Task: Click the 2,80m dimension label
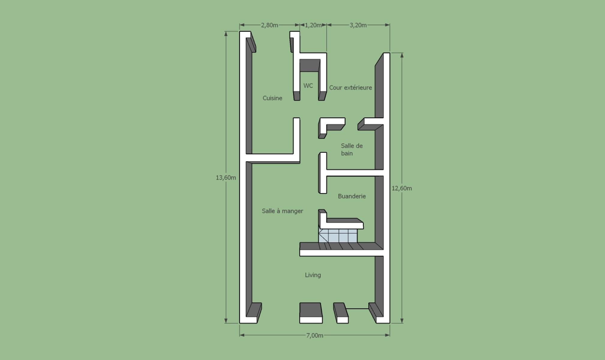269,25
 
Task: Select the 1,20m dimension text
313,25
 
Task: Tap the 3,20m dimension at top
358,25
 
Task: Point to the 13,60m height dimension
226,178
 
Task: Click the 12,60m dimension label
402,188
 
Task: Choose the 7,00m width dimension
315,335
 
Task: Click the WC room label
308,86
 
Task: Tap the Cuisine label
272,98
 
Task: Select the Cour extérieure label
350,88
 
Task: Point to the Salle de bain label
352,149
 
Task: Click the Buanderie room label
352,196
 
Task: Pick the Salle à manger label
282,211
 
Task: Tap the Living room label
313,275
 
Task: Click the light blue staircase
338,236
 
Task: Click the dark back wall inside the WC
310,65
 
